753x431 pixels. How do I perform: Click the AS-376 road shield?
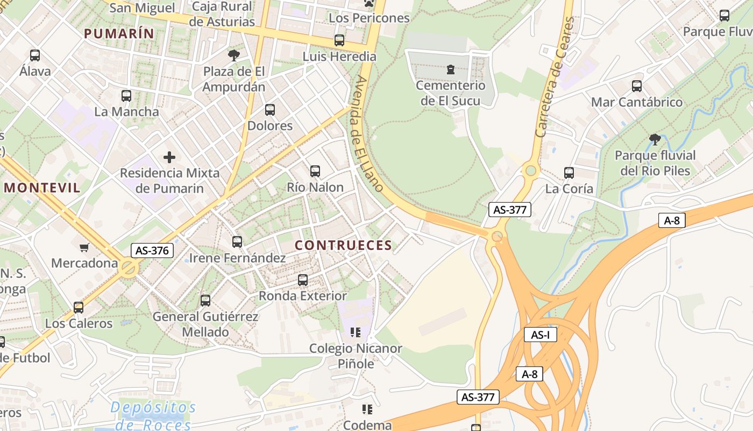pos(152,251)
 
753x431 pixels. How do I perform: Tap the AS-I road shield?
pos(540,335)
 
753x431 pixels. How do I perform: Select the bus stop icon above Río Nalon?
pos(315,171)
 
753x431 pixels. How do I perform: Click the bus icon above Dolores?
pos(270,110)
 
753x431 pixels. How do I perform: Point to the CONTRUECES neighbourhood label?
pos(343,246)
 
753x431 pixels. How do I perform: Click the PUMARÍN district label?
pos(119,33)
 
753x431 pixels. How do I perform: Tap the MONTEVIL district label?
pos(42,188)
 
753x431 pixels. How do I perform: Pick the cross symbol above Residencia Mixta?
pos(169,157)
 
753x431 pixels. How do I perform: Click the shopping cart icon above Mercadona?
pos(84,248)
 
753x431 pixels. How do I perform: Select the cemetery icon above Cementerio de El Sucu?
pos(450,69)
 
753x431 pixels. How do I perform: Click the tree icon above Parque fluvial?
pos(655,140)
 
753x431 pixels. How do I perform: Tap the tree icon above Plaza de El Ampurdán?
pos(233,55)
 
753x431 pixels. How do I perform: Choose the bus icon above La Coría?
pos(569,173)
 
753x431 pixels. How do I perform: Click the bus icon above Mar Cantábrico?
pos(637,86)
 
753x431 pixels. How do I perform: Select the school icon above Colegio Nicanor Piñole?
pos(355,332)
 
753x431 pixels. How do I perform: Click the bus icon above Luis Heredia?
pos(339,40)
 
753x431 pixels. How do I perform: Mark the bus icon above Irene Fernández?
pos(237,242)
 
